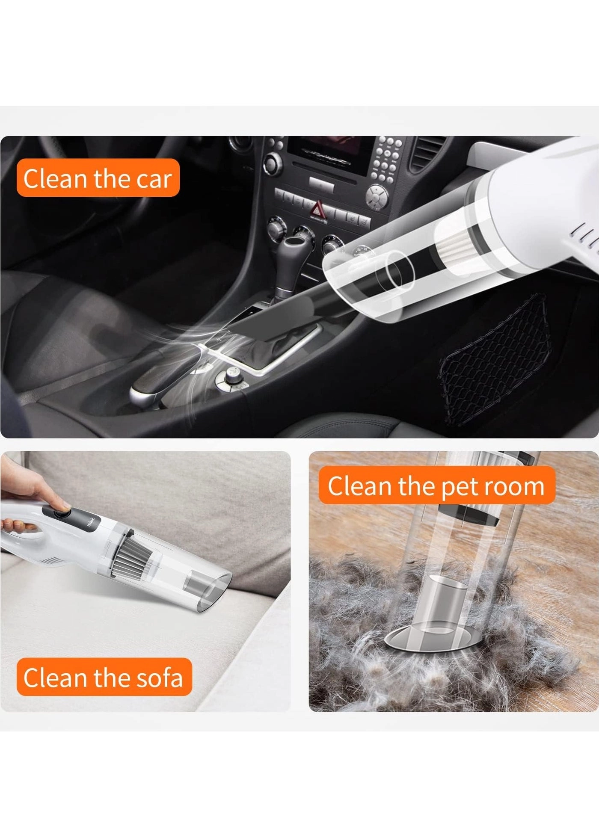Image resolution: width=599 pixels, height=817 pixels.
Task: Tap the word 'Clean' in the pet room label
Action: point(359,486)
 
